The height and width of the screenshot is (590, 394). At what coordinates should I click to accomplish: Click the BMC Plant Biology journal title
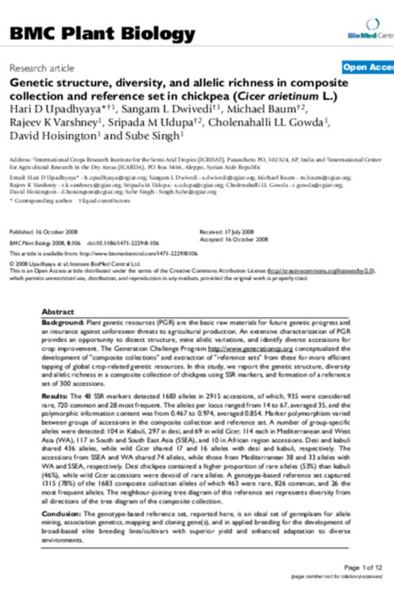click(x=102, y=34)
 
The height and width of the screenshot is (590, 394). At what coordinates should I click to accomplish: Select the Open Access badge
click(x=368, y=68)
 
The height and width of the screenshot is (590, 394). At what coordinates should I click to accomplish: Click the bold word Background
click(x=62, y=324)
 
